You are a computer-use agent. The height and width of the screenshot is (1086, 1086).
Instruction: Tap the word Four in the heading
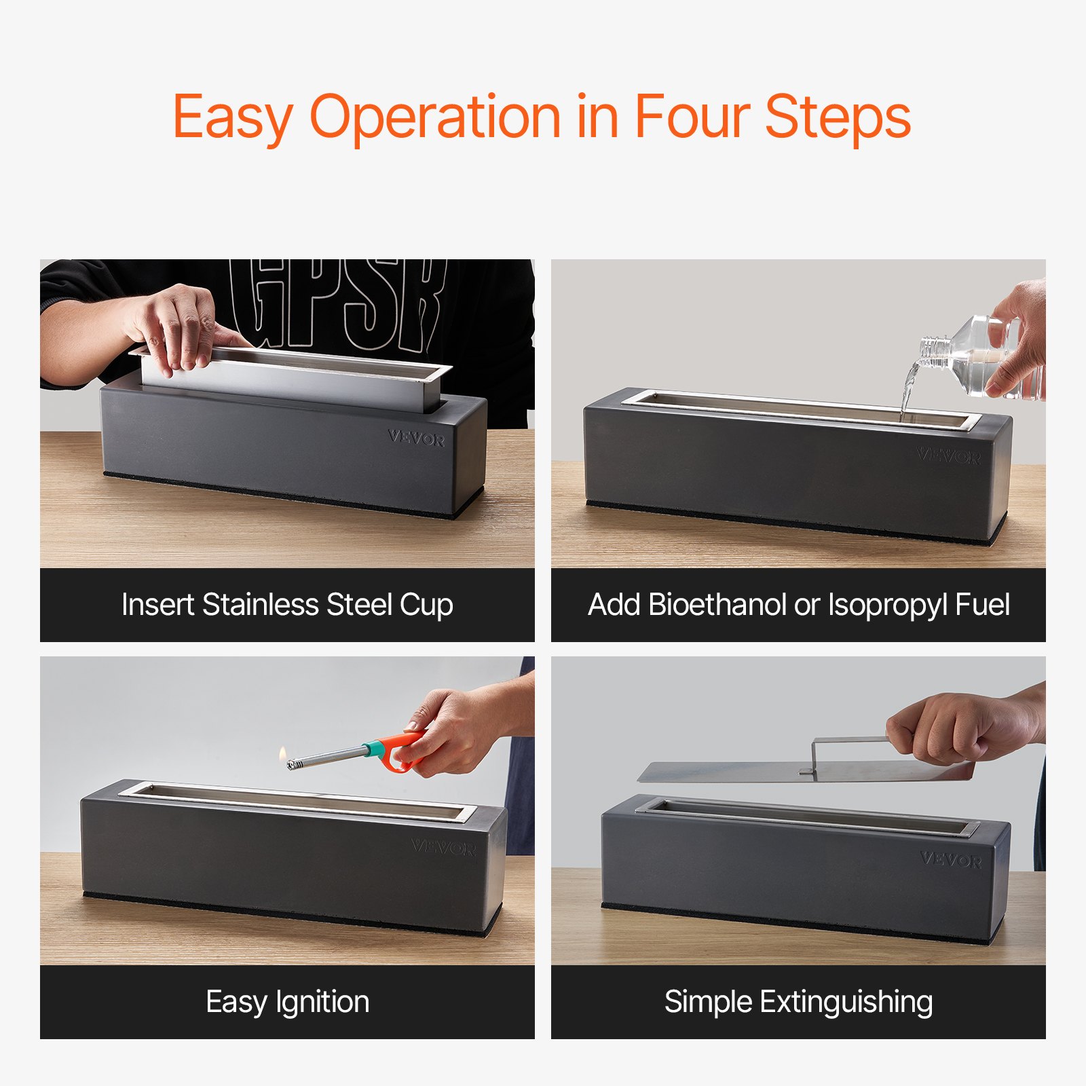pos(692,116)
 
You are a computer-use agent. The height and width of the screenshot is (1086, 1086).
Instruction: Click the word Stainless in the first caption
pos(260,604)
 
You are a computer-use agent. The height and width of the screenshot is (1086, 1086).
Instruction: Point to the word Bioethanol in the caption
pos(717,604)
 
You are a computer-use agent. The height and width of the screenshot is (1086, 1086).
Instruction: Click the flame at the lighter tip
pos(282,753)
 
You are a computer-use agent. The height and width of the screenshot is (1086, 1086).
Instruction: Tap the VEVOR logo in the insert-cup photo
pos(417,438)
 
